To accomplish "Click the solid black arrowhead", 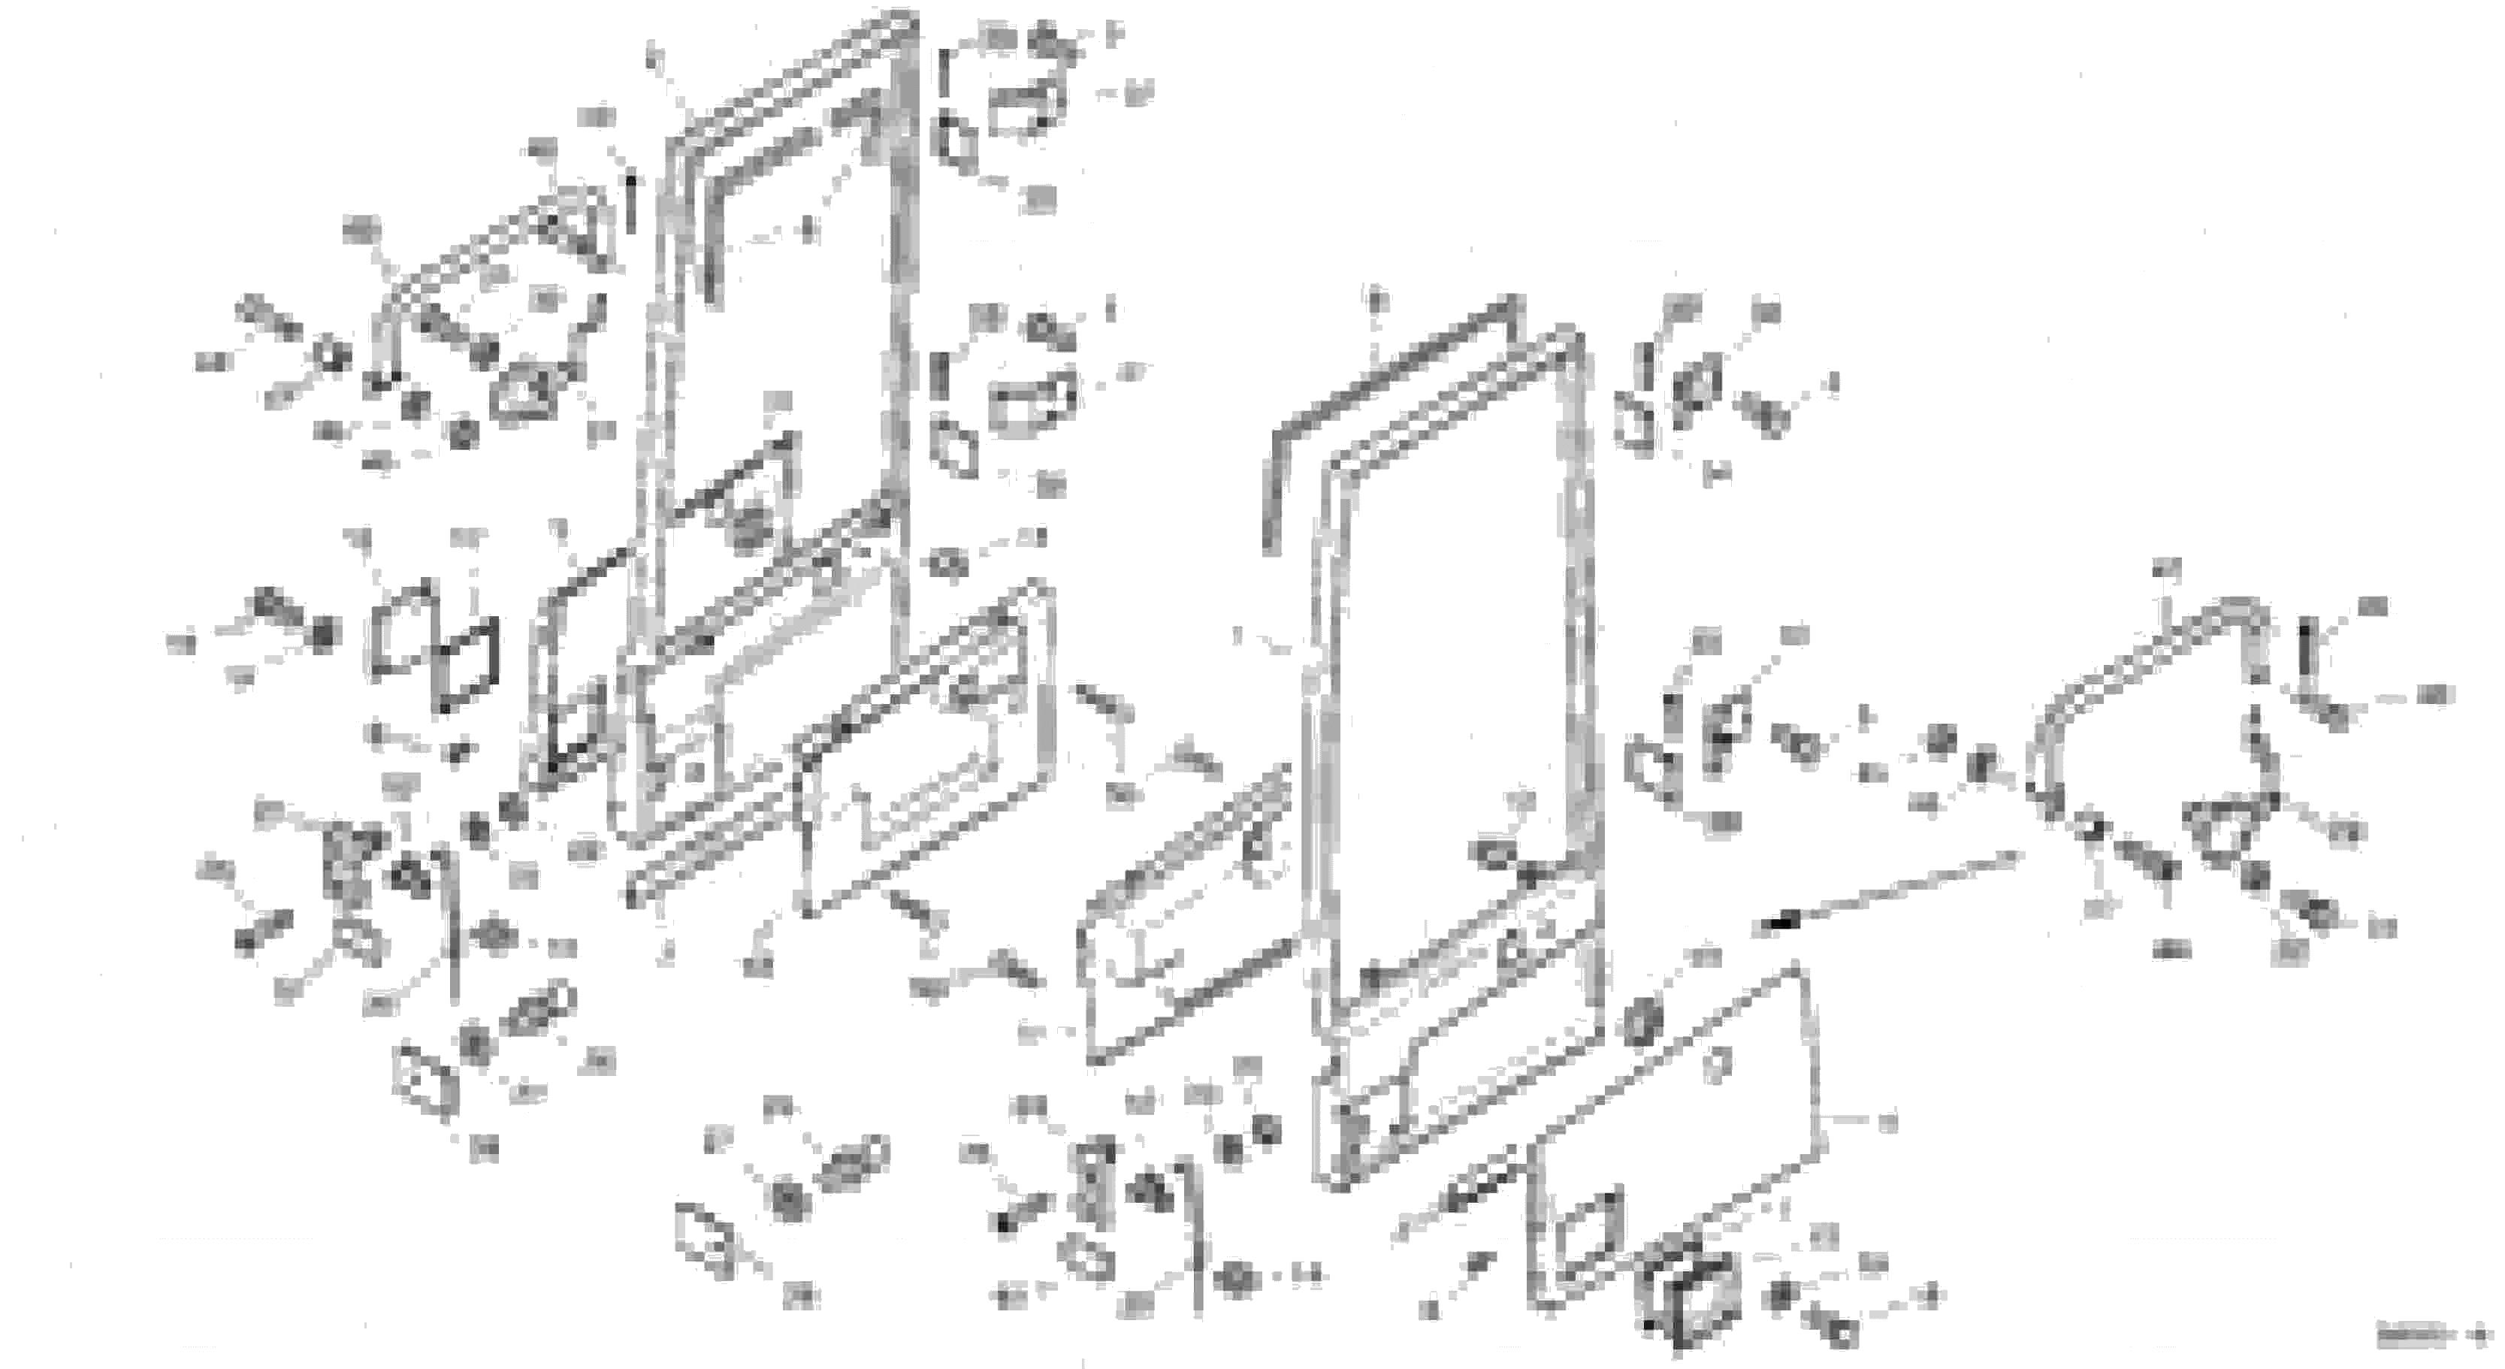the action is coord(1775,923).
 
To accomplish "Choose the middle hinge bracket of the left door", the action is coord(1031,399).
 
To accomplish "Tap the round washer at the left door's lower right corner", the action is coord(948,562).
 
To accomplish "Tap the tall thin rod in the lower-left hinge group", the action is coord(452,923).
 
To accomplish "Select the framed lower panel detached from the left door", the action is coord(924,748).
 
